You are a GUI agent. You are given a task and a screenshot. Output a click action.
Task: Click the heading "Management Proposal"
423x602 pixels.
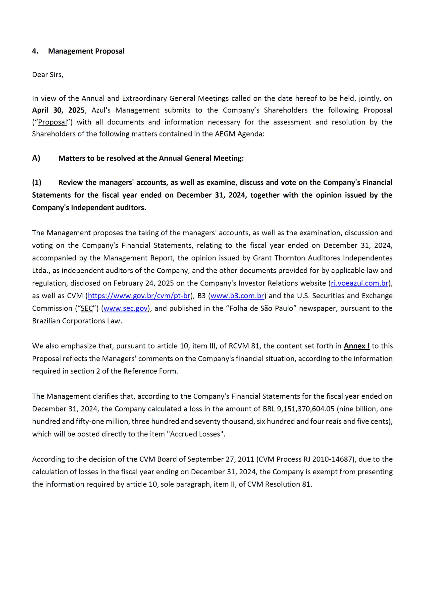point(86,51)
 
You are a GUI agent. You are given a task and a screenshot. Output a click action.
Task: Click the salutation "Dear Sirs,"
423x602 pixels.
point(48,75)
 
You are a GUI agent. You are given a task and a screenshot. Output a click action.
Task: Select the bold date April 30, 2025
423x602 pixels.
point(58,110)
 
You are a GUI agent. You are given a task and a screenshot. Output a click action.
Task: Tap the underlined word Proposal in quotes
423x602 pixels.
point(53,122)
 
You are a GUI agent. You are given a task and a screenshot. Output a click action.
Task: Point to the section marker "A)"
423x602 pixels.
point(36,158)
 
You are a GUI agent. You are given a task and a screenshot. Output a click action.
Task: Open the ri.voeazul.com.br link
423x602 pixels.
point(359,283)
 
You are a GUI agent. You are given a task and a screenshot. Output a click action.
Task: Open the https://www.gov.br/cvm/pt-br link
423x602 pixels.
point(139,296)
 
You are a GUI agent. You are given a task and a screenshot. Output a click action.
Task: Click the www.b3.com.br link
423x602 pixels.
point(237,296)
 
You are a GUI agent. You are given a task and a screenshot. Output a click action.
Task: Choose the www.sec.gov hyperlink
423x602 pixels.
point(126,308)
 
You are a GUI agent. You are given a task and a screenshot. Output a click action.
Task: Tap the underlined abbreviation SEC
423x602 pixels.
point(87,308)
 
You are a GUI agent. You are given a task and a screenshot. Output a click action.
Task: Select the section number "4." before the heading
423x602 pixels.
point(35,51)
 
